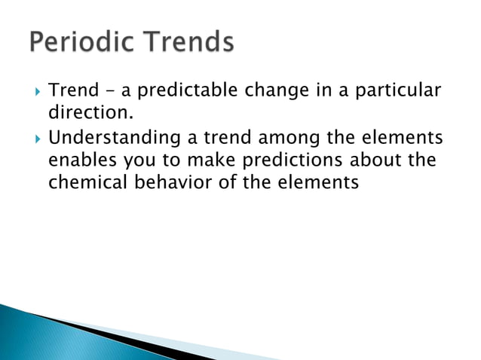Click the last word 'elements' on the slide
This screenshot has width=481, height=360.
click(317, 183)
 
